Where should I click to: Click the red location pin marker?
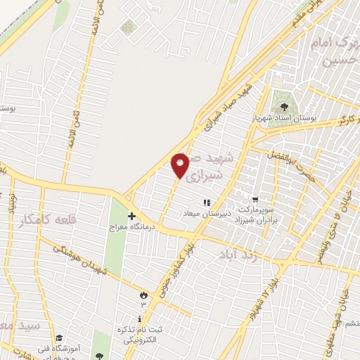(x=180, y=165)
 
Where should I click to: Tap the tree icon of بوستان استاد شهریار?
(x=284, y=108)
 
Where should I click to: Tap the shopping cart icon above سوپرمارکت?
(x=255, y=199)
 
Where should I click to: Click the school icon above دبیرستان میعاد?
(x=207, y=203)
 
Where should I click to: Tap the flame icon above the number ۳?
(x=145, y=295)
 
